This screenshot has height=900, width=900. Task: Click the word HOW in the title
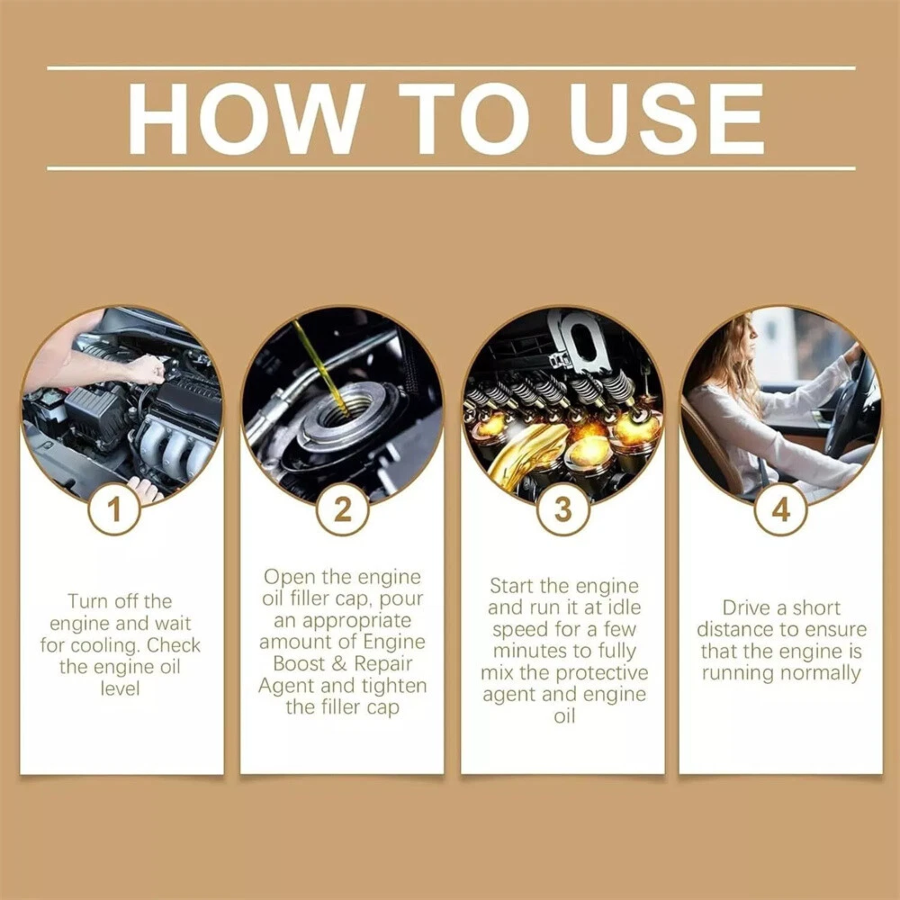[247, 118]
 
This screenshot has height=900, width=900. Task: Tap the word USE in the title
[667, 118]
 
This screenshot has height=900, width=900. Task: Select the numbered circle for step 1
[114, 509]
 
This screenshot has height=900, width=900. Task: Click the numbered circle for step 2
[342, 509]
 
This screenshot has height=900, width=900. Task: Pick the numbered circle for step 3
[563, 509]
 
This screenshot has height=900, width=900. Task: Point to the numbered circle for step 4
[780, 509]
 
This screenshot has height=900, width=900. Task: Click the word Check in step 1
[174, 645]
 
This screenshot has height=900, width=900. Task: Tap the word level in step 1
[120, 688]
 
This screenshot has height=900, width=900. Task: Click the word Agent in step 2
[286, 687]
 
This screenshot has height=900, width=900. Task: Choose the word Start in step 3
[513, 586]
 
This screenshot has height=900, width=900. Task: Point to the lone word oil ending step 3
[564, 716]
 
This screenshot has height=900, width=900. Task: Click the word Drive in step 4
[745, 607]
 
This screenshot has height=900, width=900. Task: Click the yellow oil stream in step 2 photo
[321, 367]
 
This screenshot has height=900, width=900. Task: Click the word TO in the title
[463, 118]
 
